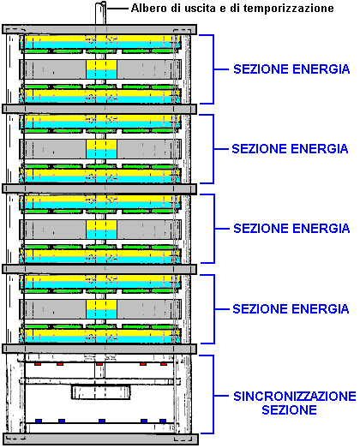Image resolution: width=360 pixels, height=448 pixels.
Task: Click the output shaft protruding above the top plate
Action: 100,13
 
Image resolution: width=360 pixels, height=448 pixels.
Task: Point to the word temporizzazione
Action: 288,9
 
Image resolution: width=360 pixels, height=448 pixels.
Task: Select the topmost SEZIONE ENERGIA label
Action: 291,69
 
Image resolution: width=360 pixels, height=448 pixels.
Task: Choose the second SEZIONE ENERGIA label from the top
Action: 290,149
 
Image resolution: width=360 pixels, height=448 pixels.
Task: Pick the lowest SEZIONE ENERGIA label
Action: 291,309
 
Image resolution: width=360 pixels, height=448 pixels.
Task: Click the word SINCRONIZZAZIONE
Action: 295,397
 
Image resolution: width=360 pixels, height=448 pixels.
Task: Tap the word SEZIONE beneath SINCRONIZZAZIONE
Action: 289,409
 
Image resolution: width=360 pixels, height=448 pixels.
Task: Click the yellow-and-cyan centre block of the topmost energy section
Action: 101,69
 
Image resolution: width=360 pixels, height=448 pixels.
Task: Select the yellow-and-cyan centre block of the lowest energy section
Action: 101,309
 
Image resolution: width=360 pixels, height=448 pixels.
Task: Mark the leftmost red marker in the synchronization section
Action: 38,364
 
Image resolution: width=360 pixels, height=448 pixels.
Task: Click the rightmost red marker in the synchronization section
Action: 164,364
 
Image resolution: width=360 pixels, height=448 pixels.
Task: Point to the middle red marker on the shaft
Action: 99,364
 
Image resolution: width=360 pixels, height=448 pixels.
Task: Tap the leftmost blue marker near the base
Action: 39,421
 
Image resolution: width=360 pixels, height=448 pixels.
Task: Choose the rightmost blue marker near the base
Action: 163,421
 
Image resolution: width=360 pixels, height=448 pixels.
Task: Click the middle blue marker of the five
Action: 102,421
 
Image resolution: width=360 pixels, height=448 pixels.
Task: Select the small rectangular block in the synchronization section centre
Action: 101,392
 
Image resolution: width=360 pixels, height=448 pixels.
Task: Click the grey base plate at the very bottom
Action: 100,439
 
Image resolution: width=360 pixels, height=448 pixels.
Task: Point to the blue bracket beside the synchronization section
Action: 213,395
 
